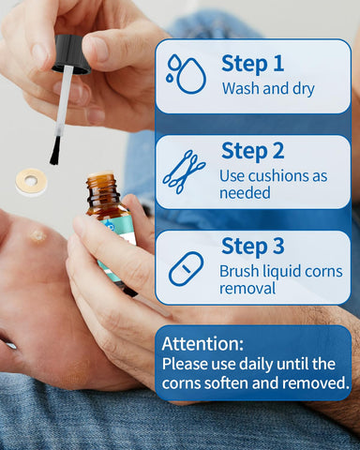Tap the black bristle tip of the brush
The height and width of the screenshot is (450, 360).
point(56,151)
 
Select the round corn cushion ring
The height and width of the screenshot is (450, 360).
point(32,181)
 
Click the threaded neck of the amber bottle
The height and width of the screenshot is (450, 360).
point(102,189)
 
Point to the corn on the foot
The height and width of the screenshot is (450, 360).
point(38,235)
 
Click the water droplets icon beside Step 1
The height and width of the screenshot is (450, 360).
point(187,74)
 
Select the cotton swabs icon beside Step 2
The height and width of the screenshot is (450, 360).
point(184,172)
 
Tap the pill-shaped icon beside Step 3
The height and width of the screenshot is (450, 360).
point(186,268)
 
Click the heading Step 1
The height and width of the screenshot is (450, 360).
point(252,65)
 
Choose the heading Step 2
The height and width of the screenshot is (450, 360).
point(253,152)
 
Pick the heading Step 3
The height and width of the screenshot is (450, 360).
point(253,247)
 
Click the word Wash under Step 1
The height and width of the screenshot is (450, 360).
point(241,88)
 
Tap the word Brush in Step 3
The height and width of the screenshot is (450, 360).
point(239,271)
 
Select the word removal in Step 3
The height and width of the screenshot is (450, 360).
point(247,288)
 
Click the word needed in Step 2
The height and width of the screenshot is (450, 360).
point(245,192)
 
